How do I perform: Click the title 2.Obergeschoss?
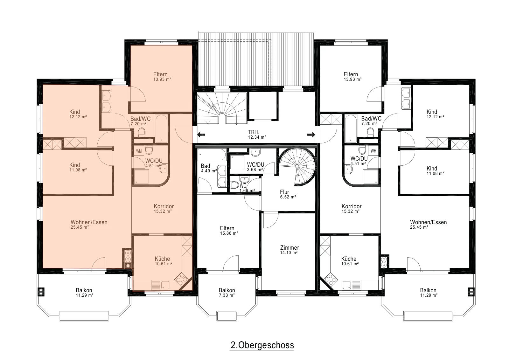(x=262, y=345)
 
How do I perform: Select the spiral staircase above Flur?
(x=297, y=167)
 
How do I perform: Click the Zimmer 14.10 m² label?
(x=289, y=250)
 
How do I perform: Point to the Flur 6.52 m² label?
(x=288, y=194)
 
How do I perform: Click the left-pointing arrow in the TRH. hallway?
(x=201, y=135)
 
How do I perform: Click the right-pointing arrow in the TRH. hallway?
(x=311, y=135)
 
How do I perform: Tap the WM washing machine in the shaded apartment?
(x=139, y=151)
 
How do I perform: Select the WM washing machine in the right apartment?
(x=373, y=151)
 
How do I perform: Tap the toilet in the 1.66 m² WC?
(x=235, y=185)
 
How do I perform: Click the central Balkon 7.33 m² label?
(x=227, y=293)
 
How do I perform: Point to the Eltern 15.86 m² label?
(x=229, y=231)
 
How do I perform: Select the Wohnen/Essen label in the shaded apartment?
(x=89, y=222)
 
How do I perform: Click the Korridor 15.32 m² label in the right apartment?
(x=351, y=209)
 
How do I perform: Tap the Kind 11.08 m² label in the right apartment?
(x=435, y=170)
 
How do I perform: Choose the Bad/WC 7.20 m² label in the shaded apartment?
(x=140, y=121)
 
